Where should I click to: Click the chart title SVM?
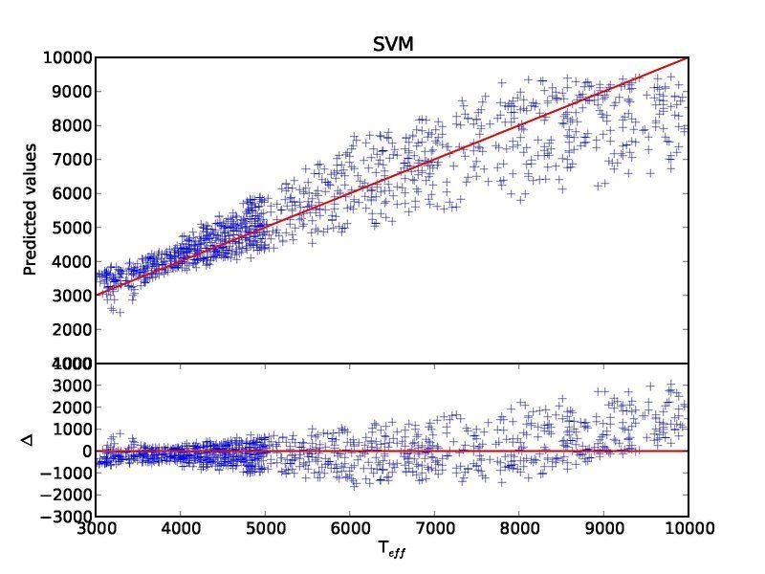point(393,44)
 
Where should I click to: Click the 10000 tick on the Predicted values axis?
point(67,57)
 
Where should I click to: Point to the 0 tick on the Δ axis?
point(86,451)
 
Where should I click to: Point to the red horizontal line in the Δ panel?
point(574,451)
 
